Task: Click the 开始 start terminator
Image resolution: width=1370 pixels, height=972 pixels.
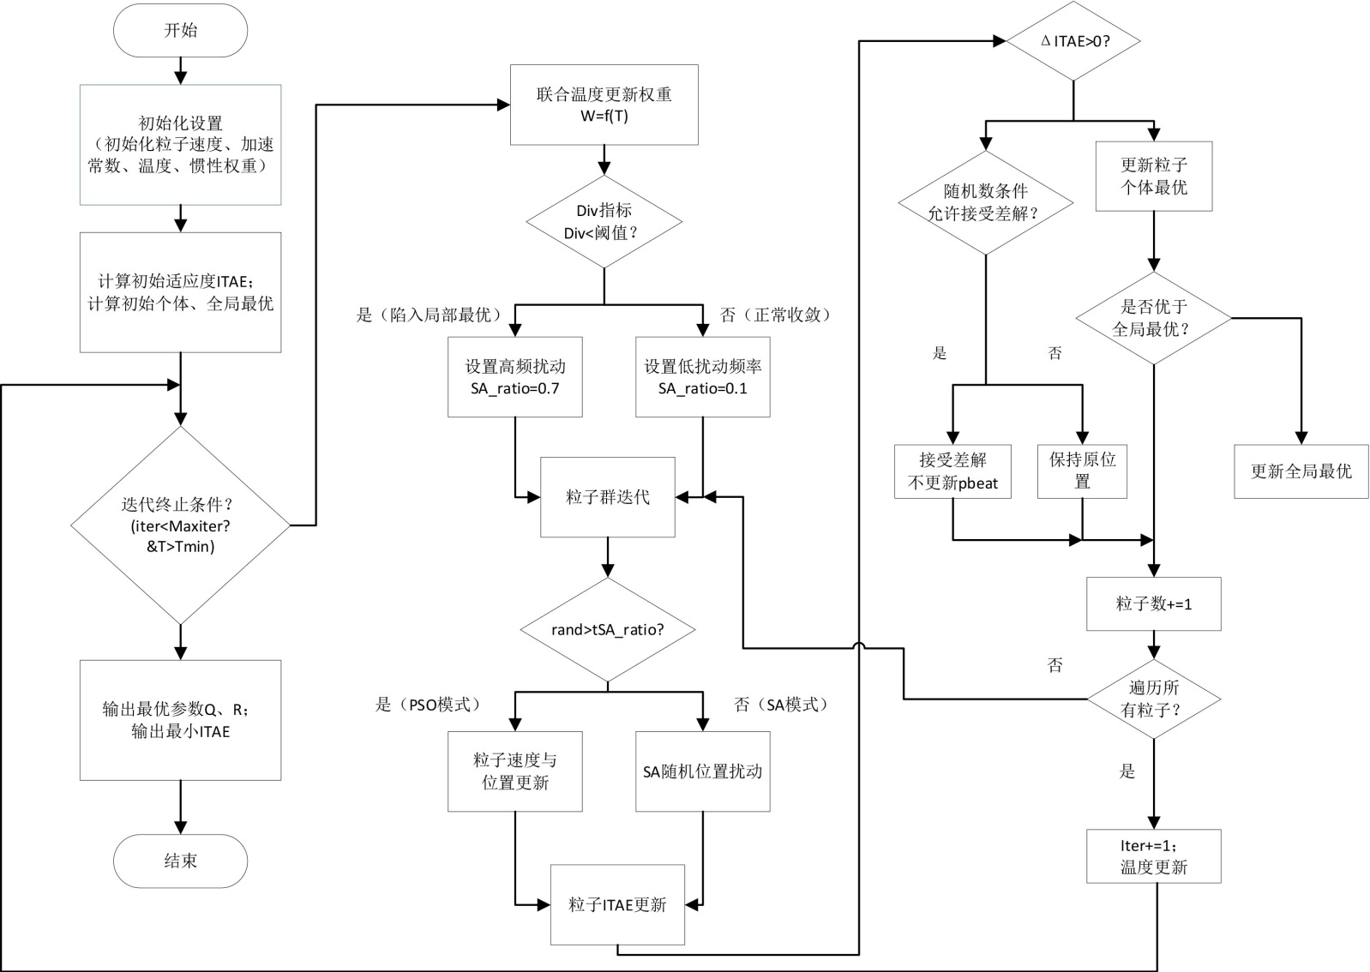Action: (x=180, y=31)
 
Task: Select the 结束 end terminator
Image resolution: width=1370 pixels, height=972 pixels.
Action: (x=180, y=861)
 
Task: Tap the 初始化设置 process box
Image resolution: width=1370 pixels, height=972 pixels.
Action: (x=180, y=145)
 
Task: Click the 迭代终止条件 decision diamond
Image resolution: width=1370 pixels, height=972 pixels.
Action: (x=180, y=525)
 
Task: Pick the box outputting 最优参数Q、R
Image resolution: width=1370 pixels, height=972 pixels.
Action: (x=180, y=720)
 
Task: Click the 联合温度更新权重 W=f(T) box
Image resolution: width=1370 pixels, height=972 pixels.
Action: (x=604, y=105)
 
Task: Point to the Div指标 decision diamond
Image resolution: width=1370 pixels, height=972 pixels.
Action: (x=604, y=222)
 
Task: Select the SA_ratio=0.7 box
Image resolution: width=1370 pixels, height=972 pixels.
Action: (x=514, y=377)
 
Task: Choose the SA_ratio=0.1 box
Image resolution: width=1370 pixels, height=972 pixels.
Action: (x=702, y=377)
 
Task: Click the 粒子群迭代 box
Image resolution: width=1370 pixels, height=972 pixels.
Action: (x=607, y=497)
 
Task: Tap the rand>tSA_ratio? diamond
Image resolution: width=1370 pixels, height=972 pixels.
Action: (x=607, y=630)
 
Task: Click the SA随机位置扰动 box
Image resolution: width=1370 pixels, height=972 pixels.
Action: (x=702, y=771)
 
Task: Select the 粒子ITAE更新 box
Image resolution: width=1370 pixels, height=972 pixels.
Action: (x=617, y=904)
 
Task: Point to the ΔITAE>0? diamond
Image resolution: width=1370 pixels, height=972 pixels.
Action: (x=1073, y=41)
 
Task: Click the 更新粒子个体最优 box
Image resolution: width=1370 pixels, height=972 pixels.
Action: (x=1154, y=176)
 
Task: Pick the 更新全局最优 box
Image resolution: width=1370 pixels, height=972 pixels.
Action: (x=1301, y=471)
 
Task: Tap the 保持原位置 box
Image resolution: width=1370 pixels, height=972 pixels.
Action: (x=1082, y=471)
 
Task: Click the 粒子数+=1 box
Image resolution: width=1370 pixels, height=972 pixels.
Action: (x=1153, y=603)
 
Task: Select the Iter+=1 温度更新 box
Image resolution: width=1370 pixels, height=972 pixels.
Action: (x=1153, y=855)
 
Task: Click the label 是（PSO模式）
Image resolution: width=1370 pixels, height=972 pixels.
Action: (x=428, y=705)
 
